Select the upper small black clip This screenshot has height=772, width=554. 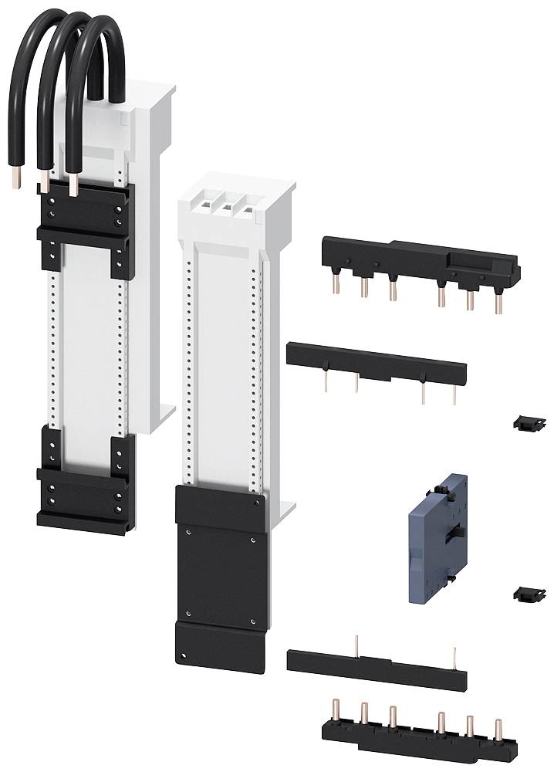[523, 422]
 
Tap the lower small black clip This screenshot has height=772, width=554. [523, 594]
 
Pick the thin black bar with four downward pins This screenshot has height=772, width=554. [376, 362]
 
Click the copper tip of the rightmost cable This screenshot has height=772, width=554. [75, 188]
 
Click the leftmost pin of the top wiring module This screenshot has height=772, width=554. [337, 286]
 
